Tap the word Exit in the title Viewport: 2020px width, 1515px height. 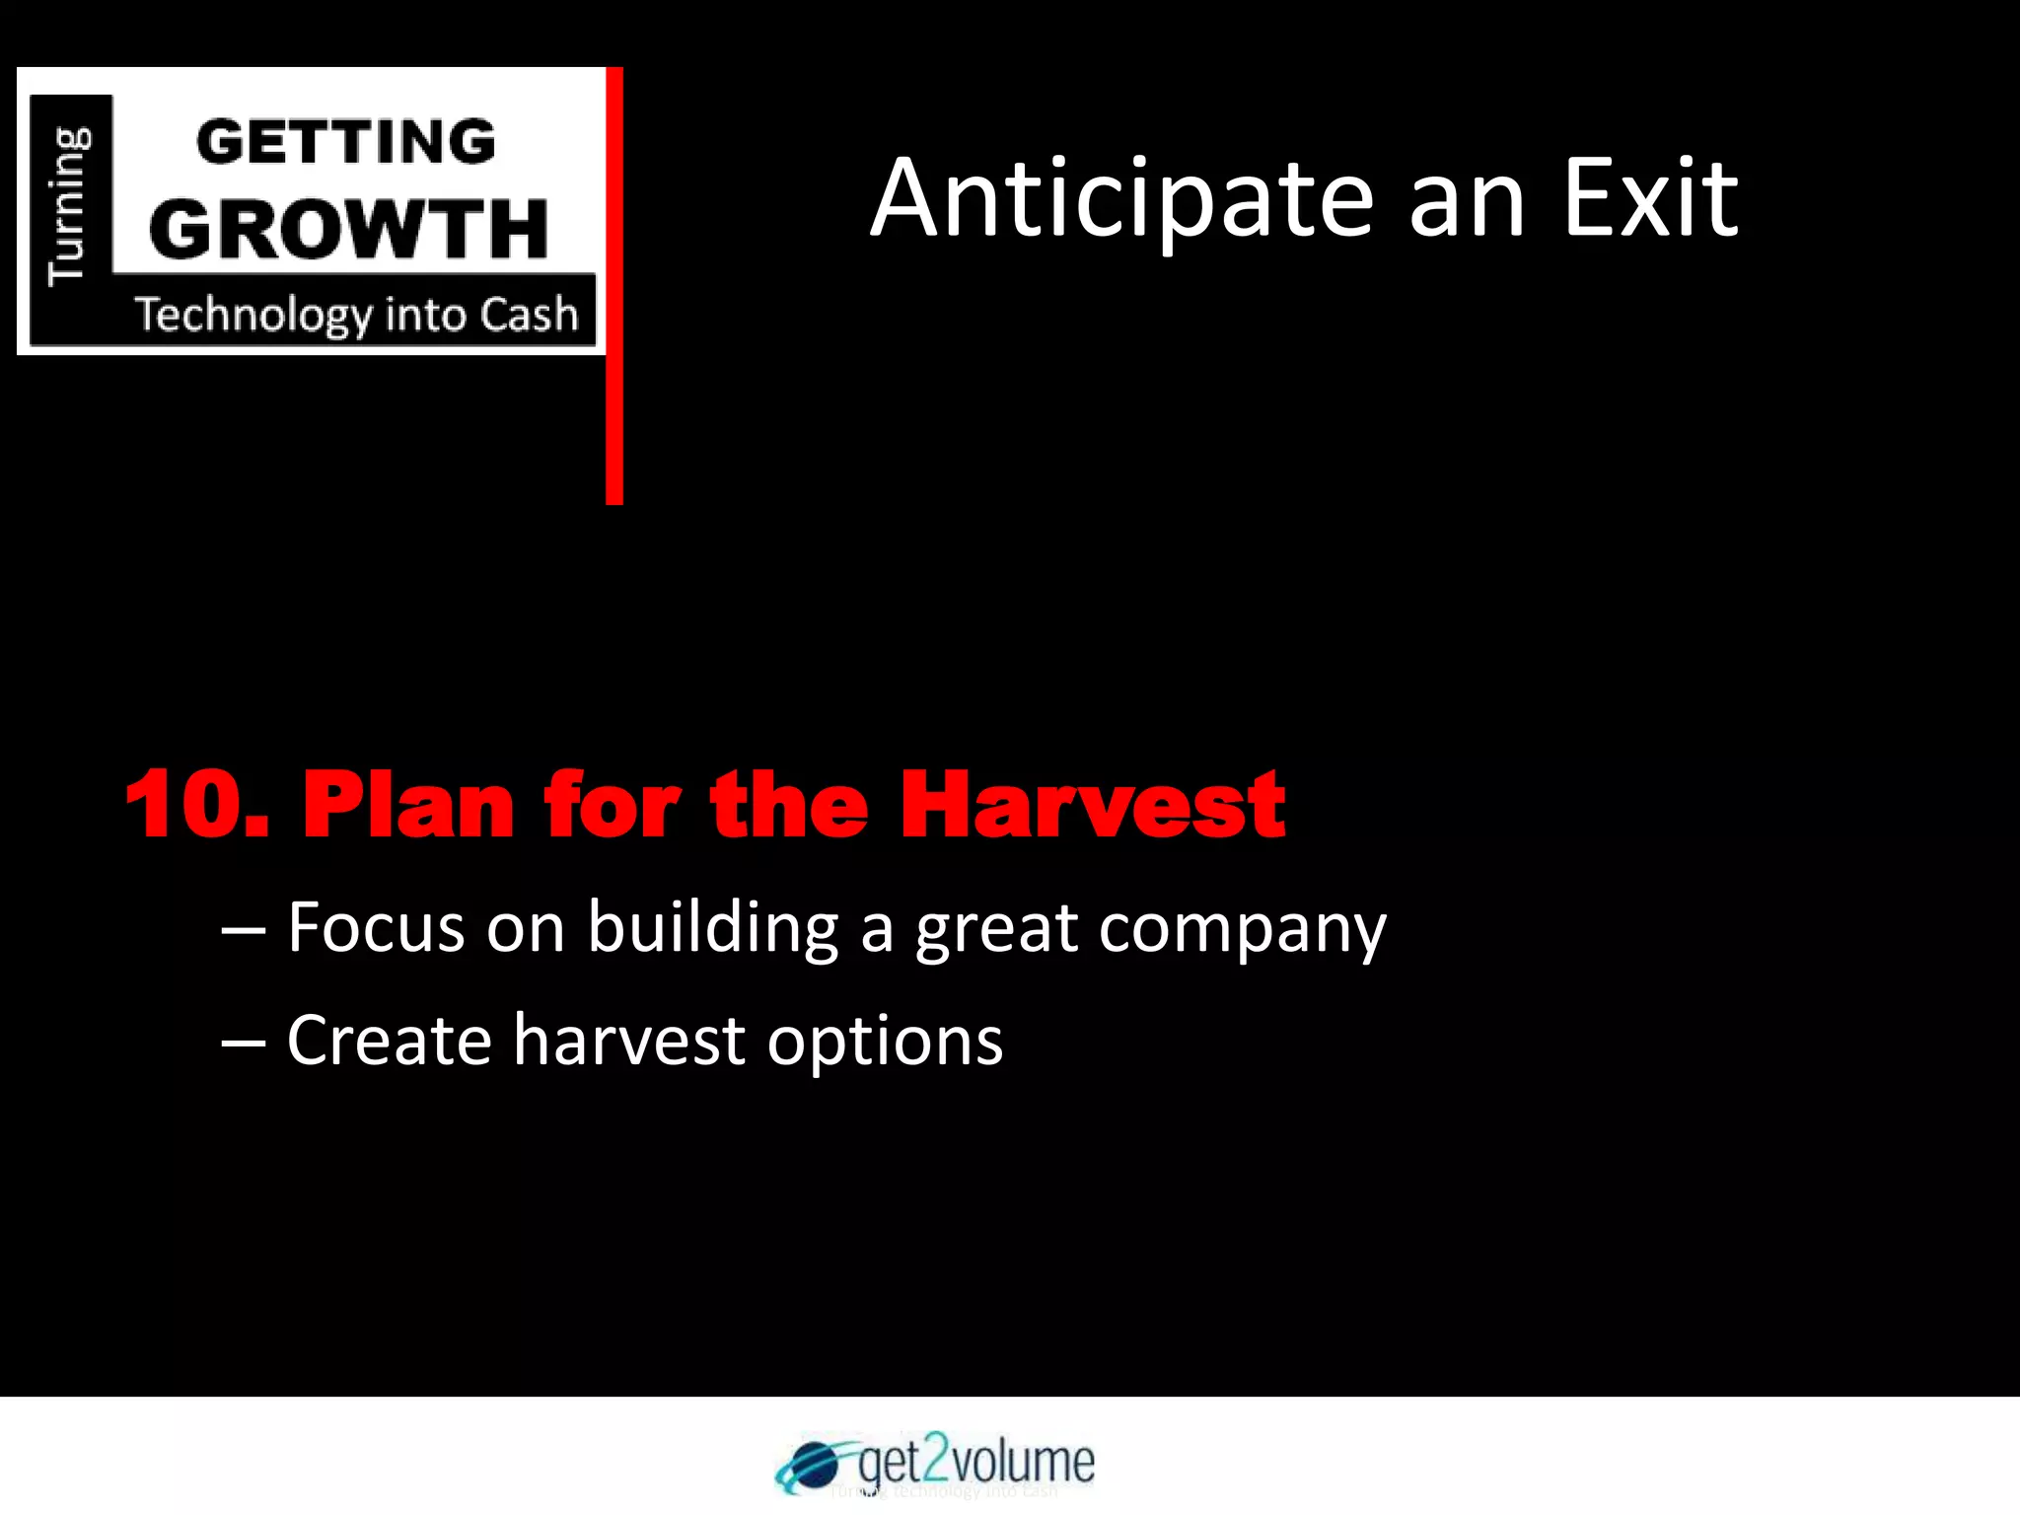(x=1651, y=200)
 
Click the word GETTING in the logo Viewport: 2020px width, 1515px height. (x=345, y=141)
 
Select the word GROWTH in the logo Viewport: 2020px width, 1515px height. (x=349, y=229)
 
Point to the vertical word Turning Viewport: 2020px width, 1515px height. (x=69, y=205)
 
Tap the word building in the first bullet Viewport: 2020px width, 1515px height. (x=712, y=929)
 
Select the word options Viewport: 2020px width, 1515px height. (x=885, y=1044)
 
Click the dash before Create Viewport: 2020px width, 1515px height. (x=243, y=1044)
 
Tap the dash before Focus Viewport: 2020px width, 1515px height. (x=243, y=930)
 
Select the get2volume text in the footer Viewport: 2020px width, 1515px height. (x=975, y=1460)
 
